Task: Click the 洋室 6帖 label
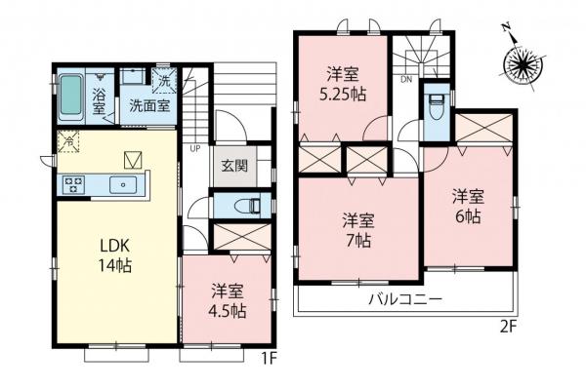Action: point(466,205)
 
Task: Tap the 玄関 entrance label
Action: point(233,165)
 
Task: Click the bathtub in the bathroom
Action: point(69,96)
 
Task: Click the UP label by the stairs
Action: point(195,149)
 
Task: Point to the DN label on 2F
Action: point(405,80)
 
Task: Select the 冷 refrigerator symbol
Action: point(70,141)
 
